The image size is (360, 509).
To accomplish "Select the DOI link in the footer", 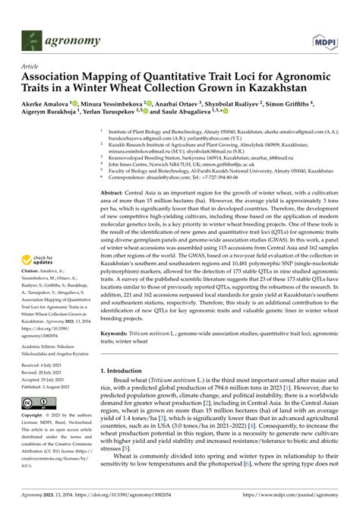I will click(x=121, y=495).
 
